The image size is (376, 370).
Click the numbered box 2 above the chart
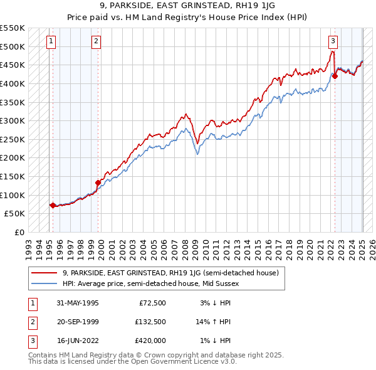pos(96,41)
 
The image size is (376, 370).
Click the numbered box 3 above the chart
pos(333,41)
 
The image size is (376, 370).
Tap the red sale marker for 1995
pos(52,204)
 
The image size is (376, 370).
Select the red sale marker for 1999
pos(98,182)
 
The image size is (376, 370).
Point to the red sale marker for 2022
pos(335,76)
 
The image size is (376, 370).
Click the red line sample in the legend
pos(44,272)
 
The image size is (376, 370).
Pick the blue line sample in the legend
pos(44,283)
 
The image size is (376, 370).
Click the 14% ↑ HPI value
pos(213,322)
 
